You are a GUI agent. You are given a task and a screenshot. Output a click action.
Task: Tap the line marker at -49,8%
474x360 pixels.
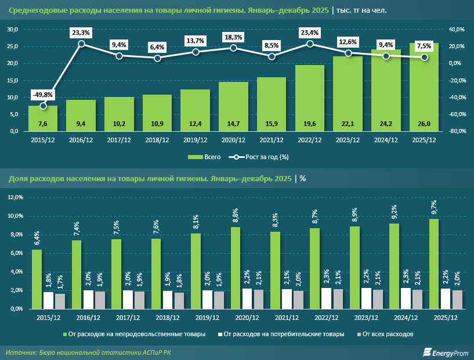tap(43, 106)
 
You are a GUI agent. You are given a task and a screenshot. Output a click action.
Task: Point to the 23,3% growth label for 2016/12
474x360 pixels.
tap(81, 33)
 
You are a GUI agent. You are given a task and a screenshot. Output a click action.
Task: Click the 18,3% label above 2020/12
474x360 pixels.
tap(233, 37)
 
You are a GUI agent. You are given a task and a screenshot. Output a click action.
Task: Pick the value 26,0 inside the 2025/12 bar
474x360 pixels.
tap(424, 124)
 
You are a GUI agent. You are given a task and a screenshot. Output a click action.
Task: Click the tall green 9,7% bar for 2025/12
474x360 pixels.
tap(434, 264)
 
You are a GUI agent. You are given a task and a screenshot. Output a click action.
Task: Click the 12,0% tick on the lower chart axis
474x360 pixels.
tap(15, 198)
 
